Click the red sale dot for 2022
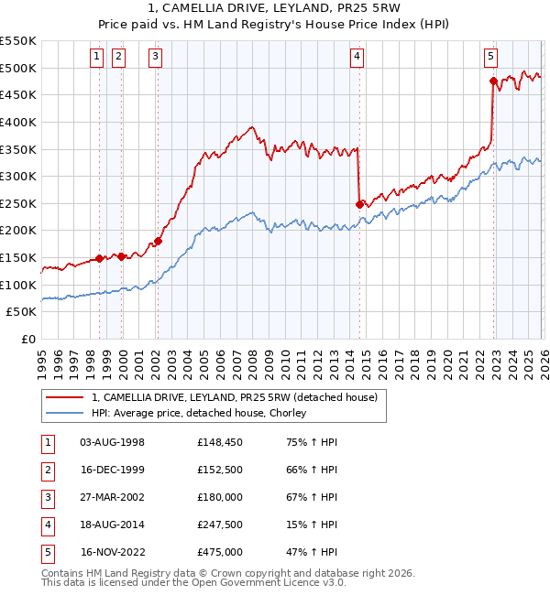pyautogui.click(x=493, y=81)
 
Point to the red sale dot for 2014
pyautogui.click(x=359, y=204)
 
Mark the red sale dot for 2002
pyautogui.click(x=157, y=241)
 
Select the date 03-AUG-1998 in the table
pyautogui.click(x=113, y=442)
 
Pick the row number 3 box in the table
pyautogui.click(x=46, y=497)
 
